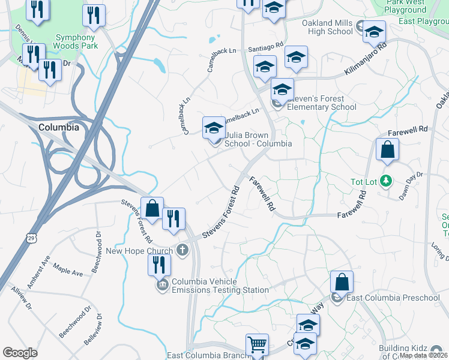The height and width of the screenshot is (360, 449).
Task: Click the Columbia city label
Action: pos(58,127)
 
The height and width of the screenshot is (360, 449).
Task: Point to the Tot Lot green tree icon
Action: pos(387,181)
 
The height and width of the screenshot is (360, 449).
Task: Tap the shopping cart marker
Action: pos(257,345)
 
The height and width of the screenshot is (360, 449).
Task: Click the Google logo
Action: pos(20,352)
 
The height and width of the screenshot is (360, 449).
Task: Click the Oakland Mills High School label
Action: pos(327,28)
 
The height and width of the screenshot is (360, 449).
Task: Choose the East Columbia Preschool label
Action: pos(393,298)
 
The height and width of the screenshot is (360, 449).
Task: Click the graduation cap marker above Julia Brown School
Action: pos(214,128)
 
